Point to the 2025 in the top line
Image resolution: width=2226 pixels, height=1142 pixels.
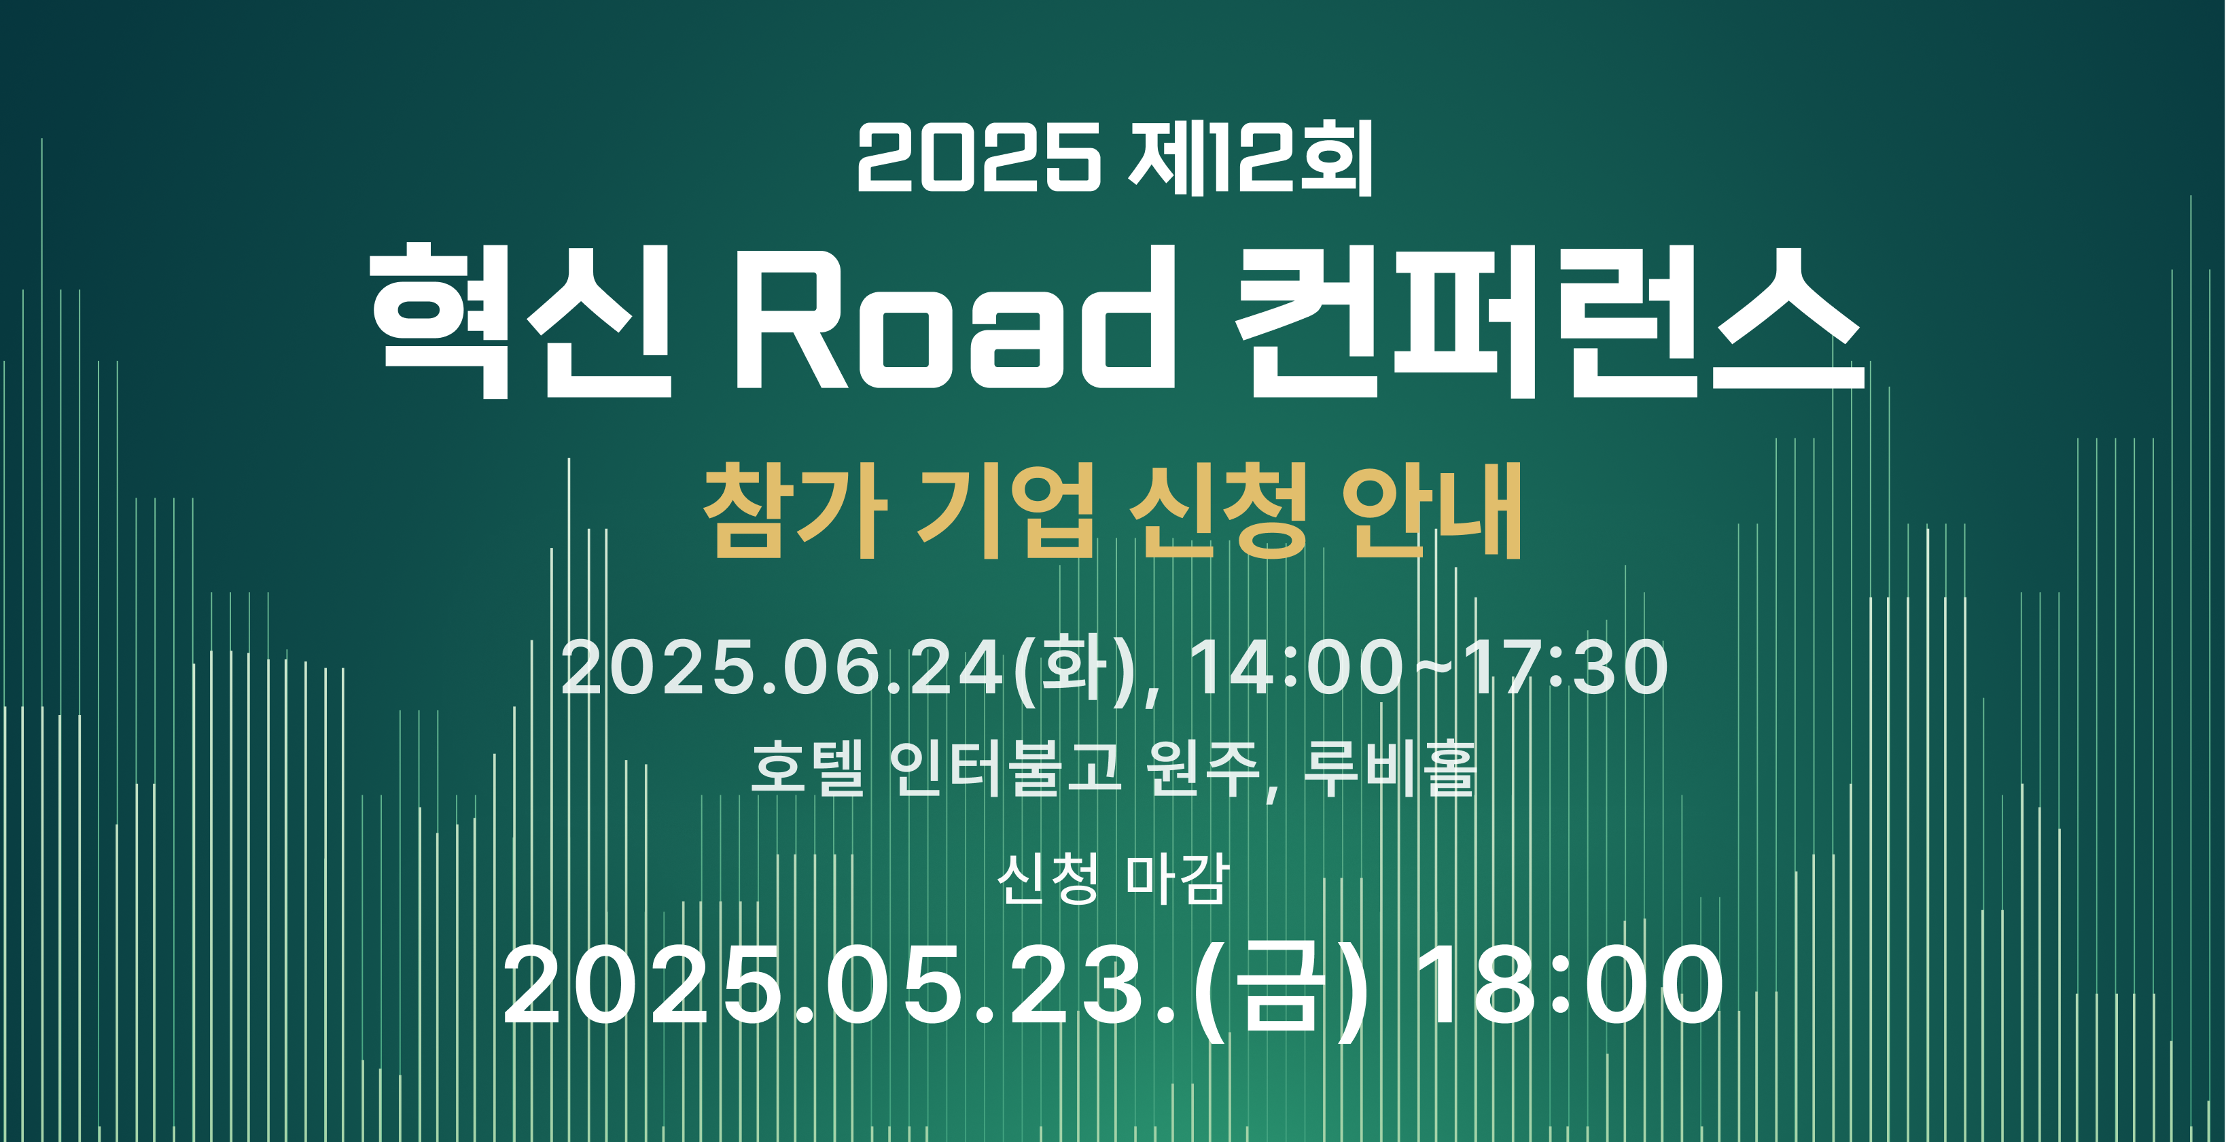pos(979,158)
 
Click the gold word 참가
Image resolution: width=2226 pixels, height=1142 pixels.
pos(796,511)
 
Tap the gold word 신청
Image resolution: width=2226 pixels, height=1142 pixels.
pos(1218,511)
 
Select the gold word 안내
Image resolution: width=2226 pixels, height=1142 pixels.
pos(1431,511)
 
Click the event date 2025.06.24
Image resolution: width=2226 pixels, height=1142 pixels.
pos(783,668)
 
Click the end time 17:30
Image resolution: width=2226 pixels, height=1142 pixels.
pos(1565,668)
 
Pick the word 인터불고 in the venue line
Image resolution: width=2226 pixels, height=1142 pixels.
pos(1006,767)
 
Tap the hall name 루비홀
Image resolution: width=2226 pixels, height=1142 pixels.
pos(1389,767)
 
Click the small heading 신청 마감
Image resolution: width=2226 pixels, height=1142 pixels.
pos(1113,878)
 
